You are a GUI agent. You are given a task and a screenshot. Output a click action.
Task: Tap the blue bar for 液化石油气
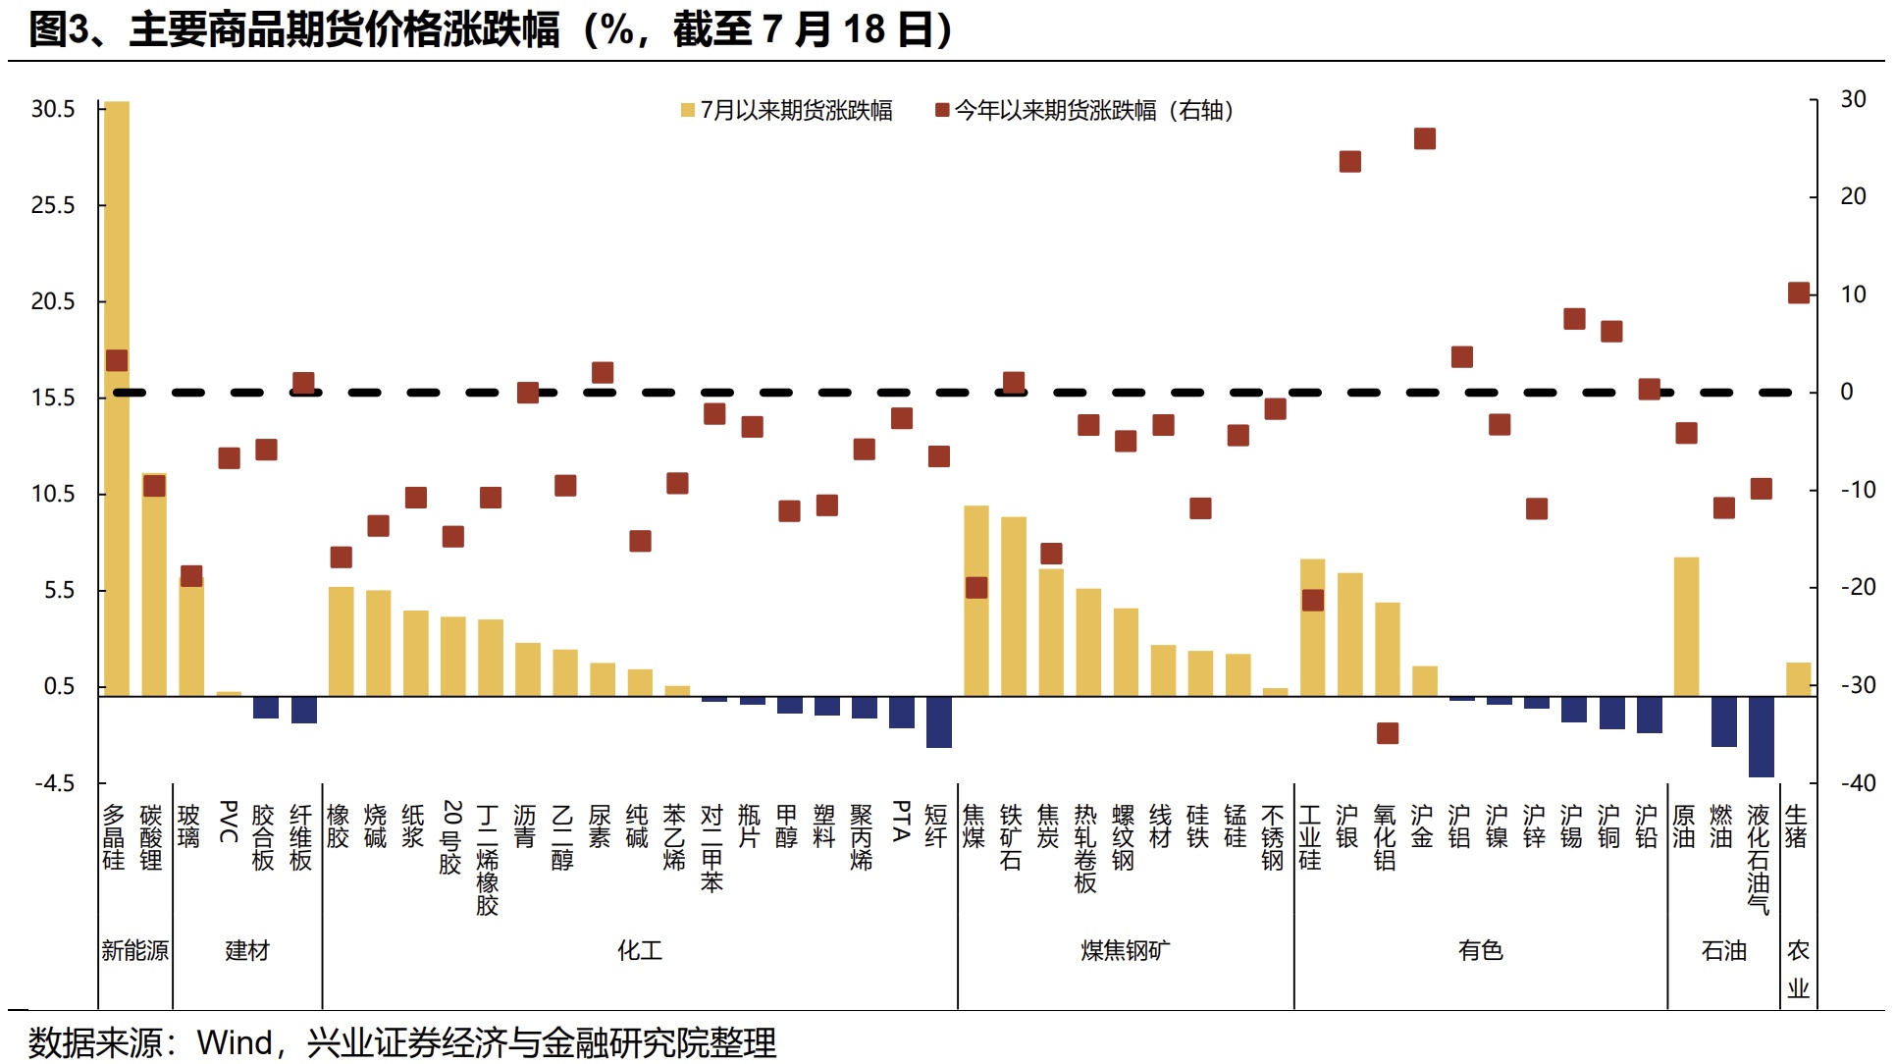point(1761,736)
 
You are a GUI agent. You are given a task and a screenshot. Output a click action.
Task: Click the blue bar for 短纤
point(939,721)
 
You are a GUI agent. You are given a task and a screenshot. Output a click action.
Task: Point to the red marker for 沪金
point(1425,139)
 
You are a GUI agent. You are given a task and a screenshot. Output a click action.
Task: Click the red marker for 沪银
point(1350,162)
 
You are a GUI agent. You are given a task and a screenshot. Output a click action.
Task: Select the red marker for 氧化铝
point(1388,733)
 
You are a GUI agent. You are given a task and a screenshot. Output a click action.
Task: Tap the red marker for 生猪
point(1799,293)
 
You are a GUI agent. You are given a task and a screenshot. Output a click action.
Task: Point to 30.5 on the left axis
point(53,109)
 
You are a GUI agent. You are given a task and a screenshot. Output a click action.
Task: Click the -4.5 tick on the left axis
point(55,783)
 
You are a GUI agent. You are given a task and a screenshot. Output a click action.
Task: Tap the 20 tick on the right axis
point(1853,196)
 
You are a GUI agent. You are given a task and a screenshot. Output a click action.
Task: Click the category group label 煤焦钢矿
point(1126,950)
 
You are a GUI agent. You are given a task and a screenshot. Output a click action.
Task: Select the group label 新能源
point(135,950)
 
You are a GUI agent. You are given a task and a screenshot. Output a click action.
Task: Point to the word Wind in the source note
point(235,1042)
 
